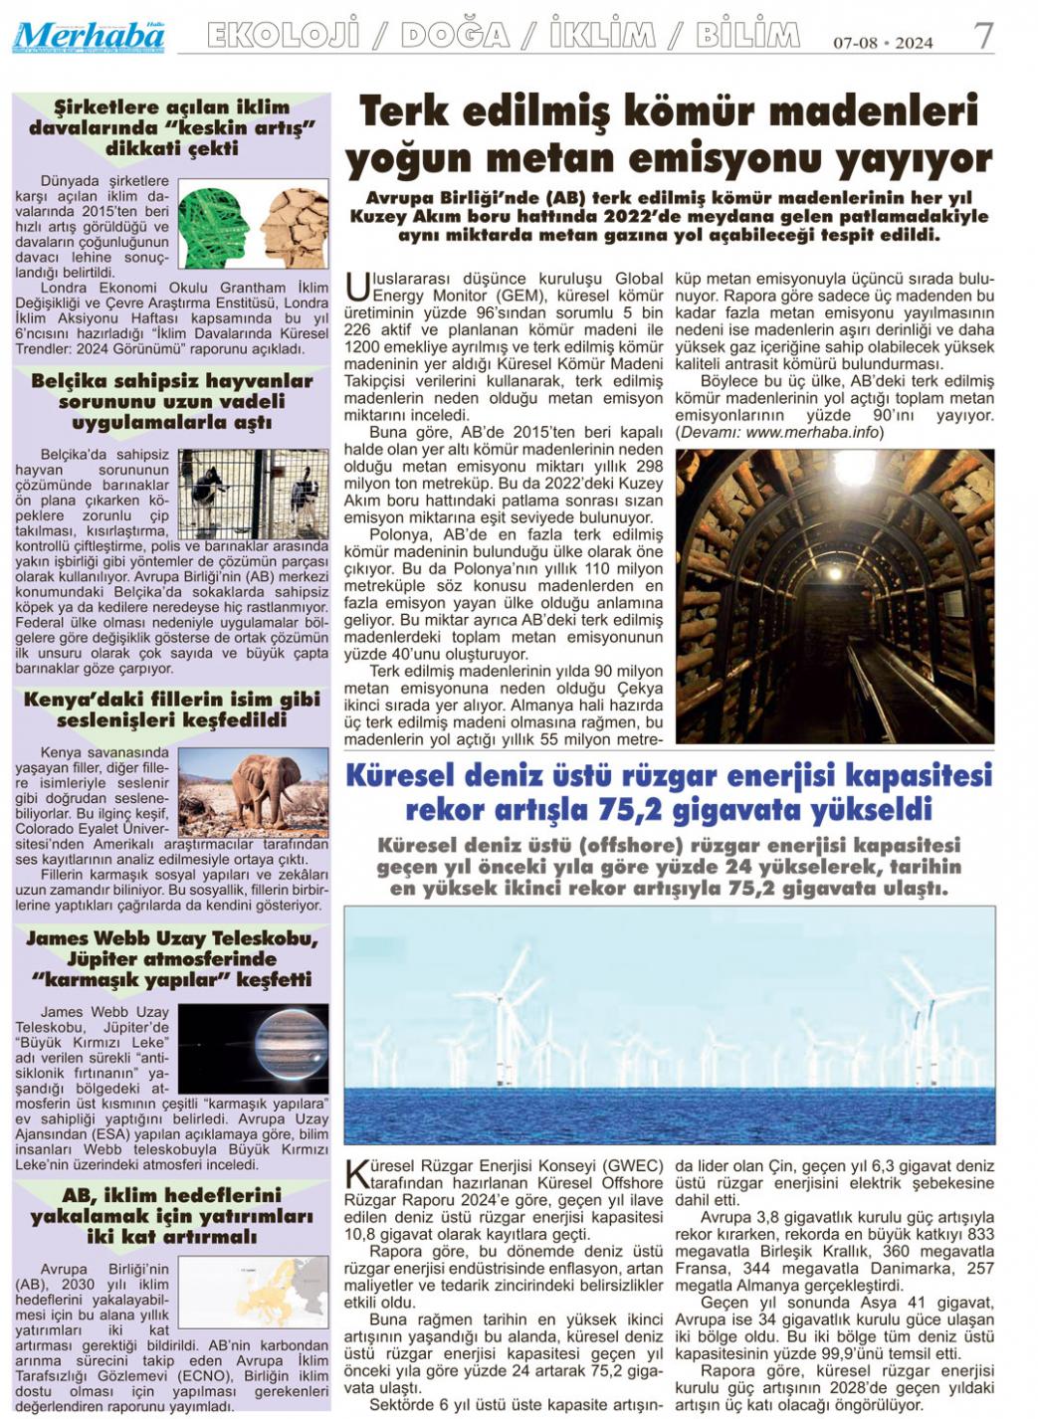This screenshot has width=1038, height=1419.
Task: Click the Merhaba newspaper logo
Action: pyautogui.click(x=88, y=38)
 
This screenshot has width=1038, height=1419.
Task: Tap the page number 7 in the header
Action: pyautogui.click(x=983, y=37)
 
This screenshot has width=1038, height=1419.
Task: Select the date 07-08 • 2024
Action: pyautogui.click(x=883, y=43)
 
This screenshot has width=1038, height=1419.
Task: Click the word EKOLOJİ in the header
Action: pyautogui.click(x=283, y=36)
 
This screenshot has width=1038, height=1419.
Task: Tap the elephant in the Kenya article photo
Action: pyautogui.click(x=260, y=787)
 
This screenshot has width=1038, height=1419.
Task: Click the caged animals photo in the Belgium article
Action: pyautogui.click(x=253, y=494)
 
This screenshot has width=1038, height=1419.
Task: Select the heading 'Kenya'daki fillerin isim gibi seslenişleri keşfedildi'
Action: pyautogui.click(x=172, y=709)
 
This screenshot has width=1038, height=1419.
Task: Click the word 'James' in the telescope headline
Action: pyautogui.click(x=64, y=938)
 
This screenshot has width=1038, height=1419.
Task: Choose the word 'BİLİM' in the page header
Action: pyautogui.click(x=747, y=36)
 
